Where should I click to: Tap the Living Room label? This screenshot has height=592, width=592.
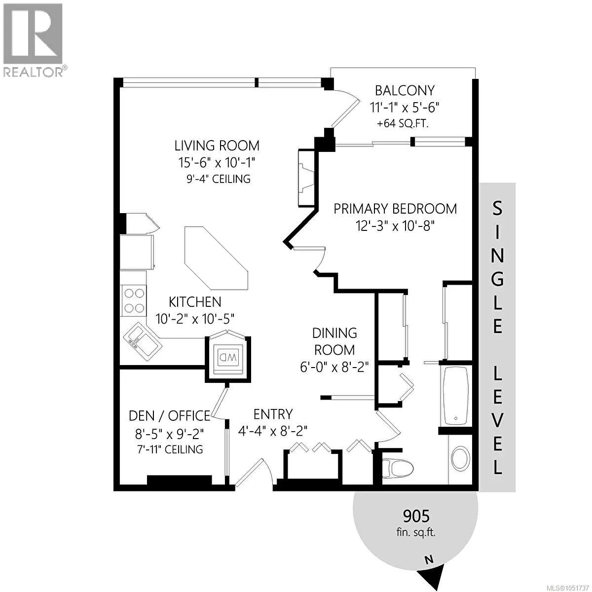[217, 146]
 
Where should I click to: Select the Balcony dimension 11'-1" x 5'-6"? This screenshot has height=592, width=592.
[405, 108]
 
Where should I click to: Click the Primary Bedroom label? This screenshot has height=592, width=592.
[395, 209]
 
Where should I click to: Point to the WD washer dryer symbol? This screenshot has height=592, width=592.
[227, 357]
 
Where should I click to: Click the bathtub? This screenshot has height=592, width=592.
[456, 396]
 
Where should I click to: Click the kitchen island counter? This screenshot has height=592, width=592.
[216, 258]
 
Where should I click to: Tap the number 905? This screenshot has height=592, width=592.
[416, 516]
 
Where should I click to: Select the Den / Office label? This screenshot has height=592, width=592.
[169, 416]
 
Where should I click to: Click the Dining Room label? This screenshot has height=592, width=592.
[334, 341]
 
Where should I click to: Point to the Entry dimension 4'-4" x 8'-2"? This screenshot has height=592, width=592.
[273, 431]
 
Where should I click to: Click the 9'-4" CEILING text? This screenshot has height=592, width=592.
[219, 179]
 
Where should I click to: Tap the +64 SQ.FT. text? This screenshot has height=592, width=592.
[403, 123]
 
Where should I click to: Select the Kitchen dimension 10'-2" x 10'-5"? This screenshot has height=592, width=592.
[195, 319]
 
